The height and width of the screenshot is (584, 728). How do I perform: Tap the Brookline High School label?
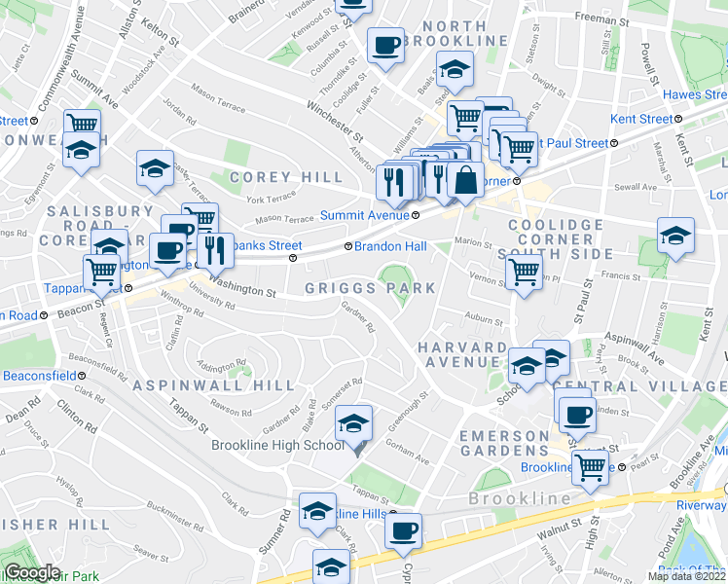click(278, 445)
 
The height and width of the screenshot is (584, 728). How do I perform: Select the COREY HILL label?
click(287, 177)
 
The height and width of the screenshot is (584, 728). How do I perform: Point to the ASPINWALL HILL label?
click(213, 385)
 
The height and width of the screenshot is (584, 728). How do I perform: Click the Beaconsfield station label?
click(39, 376)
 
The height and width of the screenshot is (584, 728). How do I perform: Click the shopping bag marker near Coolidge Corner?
click(466, 180)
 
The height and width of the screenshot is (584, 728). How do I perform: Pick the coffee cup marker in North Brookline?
click(386, 45)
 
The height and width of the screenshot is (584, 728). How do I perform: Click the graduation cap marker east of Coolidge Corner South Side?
click(675, 237)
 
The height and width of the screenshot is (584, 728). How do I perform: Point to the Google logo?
click(32, 572)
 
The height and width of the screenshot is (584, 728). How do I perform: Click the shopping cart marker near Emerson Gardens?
click(591, 467)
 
